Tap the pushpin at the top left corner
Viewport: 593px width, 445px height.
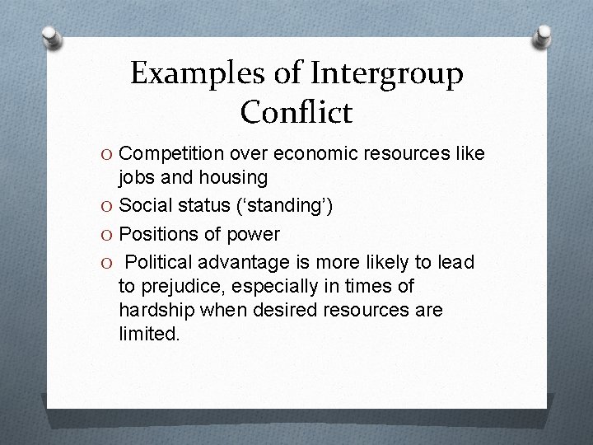(51, 37)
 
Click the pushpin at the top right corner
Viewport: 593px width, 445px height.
(543, 37)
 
